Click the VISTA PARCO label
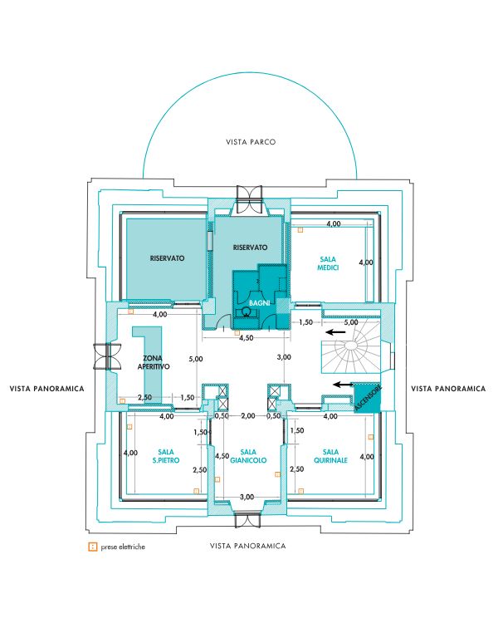click(251, 142)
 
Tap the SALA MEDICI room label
click(328, 263)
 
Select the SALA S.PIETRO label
click(166, 456)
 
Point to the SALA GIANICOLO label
click(248, 456)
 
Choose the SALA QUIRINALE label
click(331, 456)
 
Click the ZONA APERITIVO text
click(154, 362)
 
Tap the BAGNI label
click(259, 302)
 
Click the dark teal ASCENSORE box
click(368, 398)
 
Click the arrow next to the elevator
click(343, 385)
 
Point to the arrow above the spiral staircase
click(335, 331)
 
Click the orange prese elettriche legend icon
click(92, 547)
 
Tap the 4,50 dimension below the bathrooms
click(247, 338)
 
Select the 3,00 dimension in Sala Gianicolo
click(247, 497)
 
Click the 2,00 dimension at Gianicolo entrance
click(248, 416)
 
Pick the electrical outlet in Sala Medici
click(300, 229)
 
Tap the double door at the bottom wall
click(247, 520)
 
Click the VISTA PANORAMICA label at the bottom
click(248, 546)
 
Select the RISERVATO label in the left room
click(167, 258)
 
